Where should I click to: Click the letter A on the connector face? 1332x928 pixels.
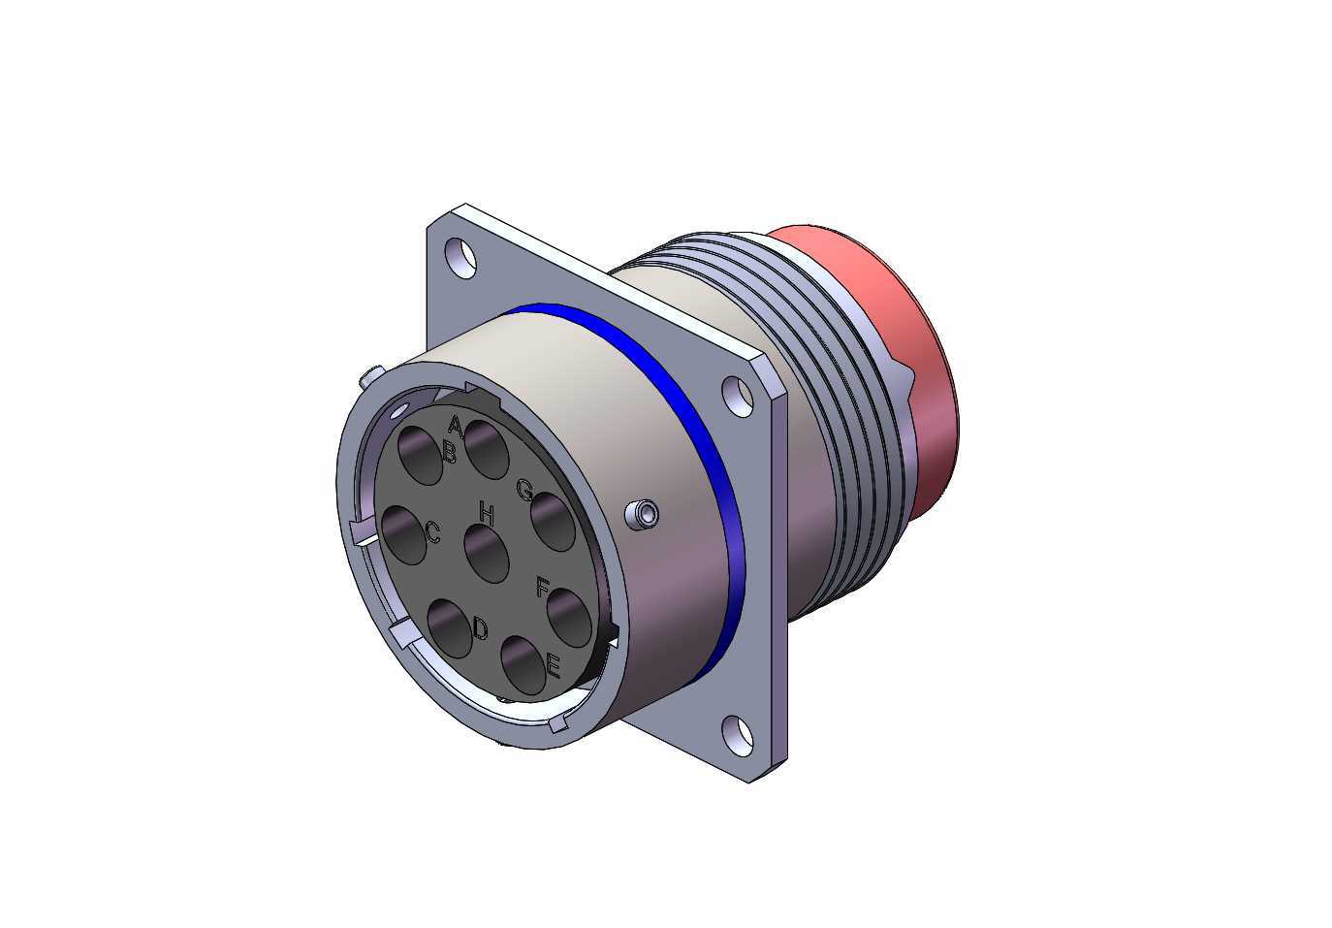pyautogui.click(x=455, y=426)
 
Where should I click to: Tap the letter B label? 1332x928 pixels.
pyautogui.click(x=450, y=453)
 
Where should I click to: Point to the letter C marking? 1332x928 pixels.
pyautogui.click(x=433, y=532)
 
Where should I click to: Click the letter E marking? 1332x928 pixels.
pyautogui.click(x=553, y=666)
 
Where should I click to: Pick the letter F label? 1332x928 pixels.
pyautogui.click(x=542, y=587)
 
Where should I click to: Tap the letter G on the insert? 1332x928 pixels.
pyautogui.click(x=524, y=491)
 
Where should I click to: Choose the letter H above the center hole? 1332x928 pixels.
pyautogui.click(x=487, y=514)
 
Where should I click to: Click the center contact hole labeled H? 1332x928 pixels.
pyautogui.click(x=487, y=554)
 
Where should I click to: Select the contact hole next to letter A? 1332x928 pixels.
pyautogui.click(x=487, y=449)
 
